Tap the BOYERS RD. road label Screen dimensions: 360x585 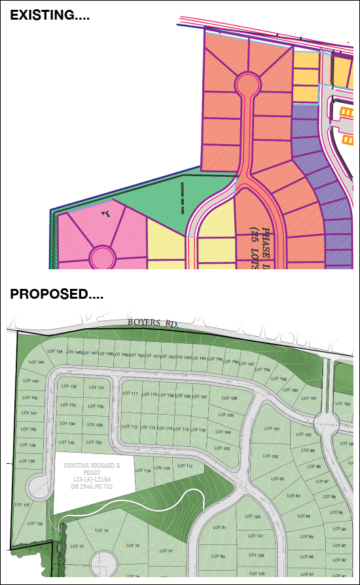pos(153,324)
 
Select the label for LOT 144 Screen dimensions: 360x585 pos(37,362)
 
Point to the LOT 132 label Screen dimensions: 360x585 pos(69,387)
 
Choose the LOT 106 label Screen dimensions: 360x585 pos(228,398)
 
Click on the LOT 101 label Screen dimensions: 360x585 pos(272,429)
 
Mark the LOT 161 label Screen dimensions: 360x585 pos(309,398)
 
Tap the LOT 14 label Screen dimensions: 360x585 pos(101,530)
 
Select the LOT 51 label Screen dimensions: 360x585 pos(220,527)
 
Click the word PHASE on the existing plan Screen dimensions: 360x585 pos(266,240)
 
